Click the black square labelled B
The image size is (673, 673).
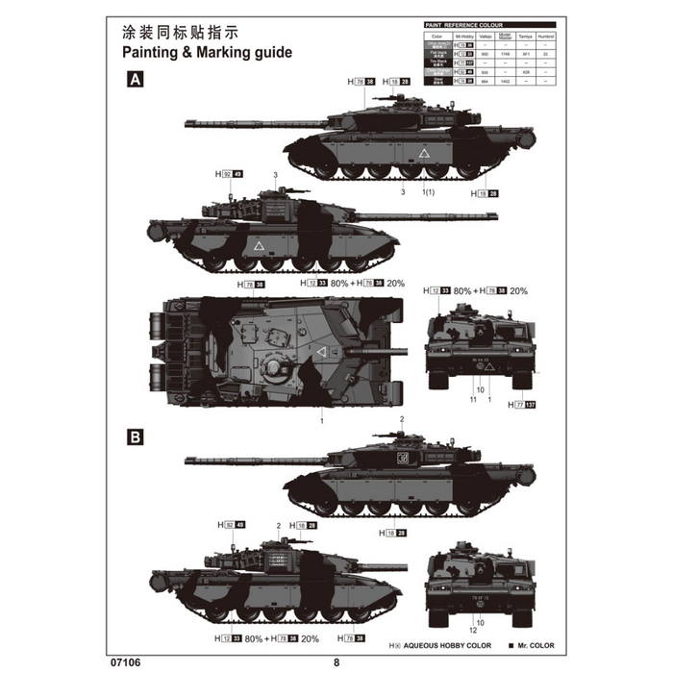(x=136, y=436)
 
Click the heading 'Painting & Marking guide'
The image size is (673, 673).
(x=208, y=53)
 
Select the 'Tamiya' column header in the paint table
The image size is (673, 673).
(x=525, y=35)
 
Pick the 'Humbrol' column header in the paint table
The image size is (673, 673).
(x=548, y=35)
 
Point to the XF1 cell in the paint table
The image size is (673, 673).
(x=525, y=55)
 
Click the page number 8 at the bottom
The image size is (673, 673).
(x=336, y=661)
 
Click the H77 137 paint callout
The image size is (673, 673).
(x=522, y=406)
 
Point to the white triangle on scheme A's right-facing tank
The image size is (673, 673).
(x=259, y=247)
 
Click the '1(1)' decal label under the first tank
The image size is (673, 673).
(x=430, y=192)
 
